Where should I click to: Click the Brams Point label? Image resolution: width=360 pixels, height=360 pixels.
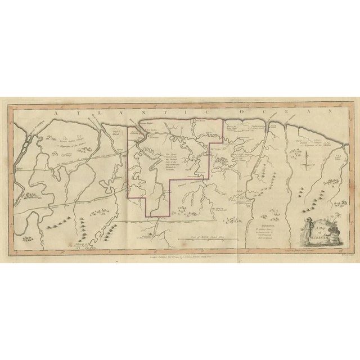146,121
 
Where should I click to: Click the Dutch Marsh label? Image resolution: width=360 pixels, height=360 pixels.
116,130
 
